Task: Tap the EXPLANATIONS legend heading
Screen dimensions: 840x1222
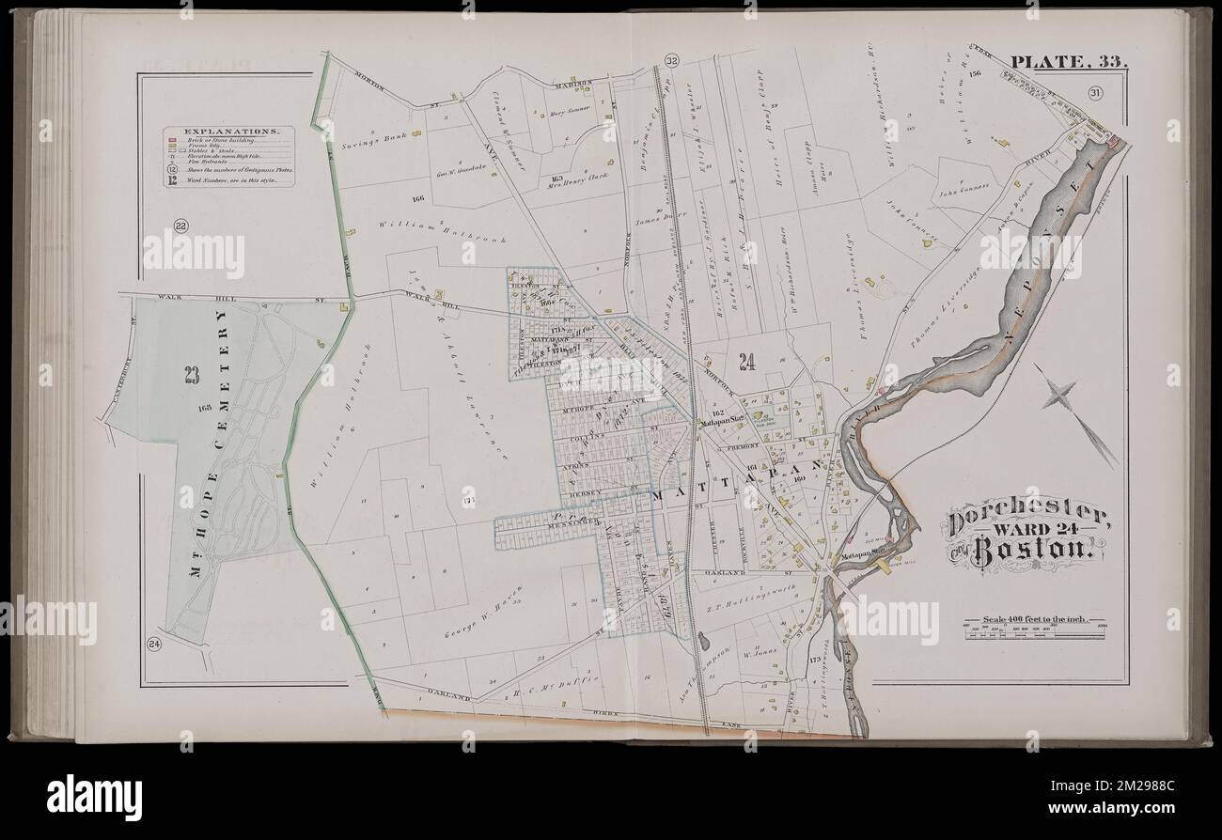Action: pos(230,132)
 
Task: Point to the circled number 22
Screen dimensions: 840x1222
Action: pos(180,225)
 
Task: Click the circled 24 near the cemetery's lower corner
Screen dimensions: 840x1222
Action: pos(153,644)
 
